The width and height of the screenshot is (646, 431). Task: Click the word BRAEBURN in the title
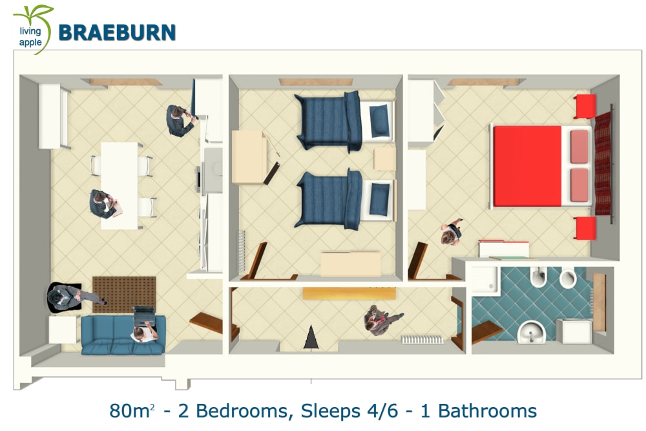tap(117, 32)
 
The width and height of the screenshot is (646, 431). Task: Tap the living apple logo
tap(33, 29)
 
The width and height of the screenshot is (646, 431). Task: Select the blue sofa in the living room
tap(123, 335)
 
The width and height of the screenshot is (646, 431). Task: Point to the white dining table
tap(120, 185)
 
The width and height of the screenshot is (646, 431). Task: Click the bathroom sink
tap(532, 332)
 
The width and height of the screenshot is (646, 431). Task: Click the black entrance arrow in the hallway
tap(311, 338)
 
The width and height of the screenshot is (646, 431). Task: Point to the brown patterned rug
tap(124, 295)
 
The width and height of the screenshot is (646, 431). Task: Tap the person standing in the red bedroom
tap(452, 233)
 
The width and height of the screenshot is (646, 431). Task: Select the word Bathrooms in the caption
tap(487, 411)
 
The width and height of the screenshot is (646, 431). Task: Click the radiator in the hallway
tap(422, 339)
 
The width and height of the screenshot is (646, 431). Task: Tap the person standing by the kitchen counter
tap(180, 120)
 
